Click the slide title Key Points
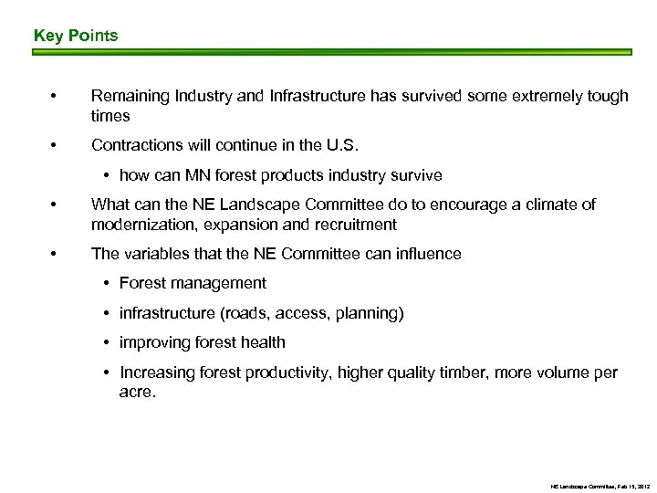point(76,36)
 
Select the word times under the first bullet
point(110,116)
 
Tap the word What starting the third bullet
point(109,205)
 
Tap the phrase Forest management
point(193,284)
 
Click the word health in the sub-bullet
point(263,342)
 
